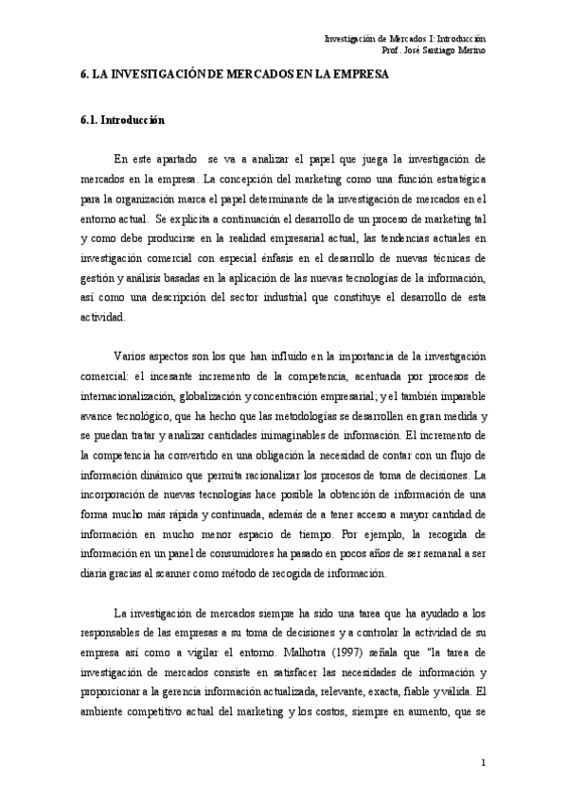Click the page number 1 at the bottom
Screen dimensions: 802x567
click(483, 763)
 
